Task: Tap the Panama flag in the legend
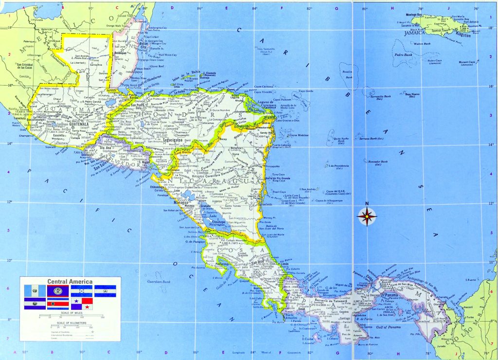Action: (x=81, y=304)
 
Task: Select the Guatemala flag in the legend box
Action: (x=35, y=291)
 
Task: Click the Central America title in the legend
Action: (x=70, y=281)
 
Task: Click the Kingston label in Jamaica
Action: (x=462, y=35)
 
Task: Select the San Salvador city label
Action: (x=112, y=164)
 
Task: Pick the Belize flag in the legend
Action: (x=58, y=291)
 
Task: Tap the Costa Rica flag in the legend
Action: (x=58, y=304)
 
